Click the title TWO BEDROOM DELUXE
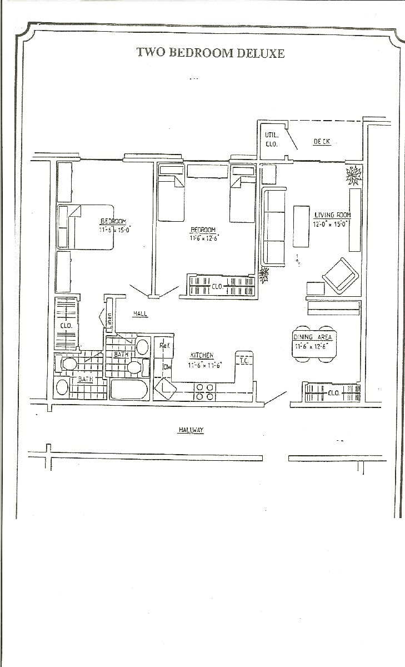pyautogui.click(x=211, y=53)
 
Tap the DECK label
pyautogui.click(x=322, y=142)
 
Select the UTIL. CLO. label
pyautogui.click(x=271, y=140)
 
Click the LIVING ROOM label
pyautogui.click(x=333, y=215)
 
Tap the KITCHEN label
pyautogui.click(x=202, y=356)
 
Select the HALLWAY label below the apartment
pyautogui.click(x=191, y=430)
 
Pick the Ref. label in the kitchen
pyautogui.click(x=164, y=346)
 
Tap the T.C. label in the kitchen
pyautogui.click(x=244, y=361)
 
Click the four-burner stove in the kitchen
pyautogui.click(x=204, y=392)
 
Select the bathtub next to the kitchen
pyautogui.click(x=129, y=389)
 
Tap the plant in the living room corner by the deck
pyautogui.click(x=353, y=176)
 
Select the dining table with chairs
pyautogui.click(x=314, y=345)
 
